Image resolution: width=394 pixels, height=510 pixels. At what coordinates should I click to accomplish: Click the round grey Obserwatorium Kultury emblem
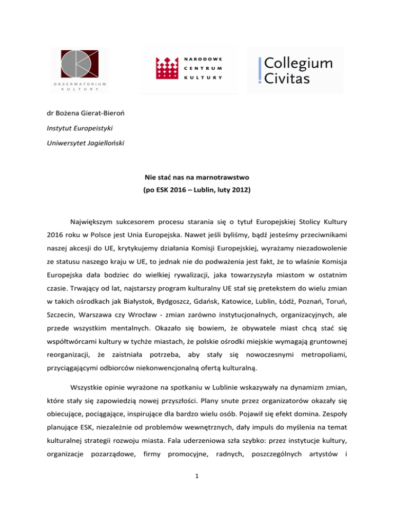[x=79, y=64]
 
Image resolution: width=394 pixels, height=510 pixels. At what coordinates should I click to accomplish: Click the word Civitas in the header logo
[x=287, y=80]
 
